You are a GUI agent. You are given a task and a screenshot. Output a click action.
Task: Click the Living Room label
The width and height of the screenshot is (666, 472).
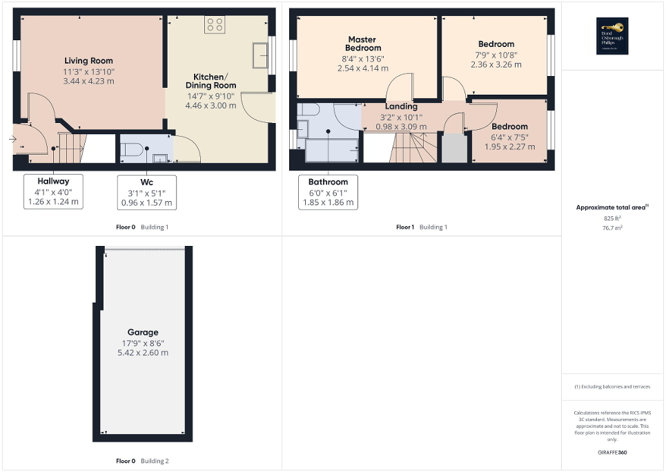point(89,61)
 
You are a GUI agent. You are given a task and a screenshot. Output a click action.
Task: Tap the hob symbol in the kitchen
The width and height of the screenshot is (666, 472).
point(215,25)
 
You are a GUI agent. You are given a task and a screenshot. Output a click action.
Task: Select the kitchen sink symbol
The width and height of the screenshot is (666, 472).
point(261,55)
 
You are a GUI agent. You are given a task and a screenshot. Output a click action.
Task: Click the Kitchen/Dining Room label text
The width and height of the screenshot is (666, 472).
point(215,81)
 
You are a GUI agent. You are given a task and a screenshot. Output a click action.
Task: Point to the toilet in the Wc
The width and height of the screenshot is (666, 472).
point(133,149)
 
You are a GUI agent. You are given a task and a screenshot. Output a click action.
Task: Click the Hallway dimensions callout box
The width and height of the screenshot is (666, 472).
point(53,192)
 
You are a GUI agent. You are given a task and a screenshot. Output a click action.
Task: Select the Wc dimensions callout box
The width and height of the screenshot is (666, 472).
point(146,193)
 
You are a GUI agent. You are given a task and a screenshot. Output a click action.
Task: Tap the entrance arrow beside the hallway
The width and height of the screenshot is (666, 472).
point(12,139)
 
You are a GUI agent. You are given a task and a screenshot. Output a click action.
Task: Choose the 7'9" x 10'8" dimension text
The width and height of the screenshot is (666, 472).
point(496,55)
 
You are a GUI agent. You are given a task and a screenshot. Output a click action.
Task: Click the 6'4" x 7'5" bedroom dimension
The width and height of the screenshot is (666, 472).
point(509,136)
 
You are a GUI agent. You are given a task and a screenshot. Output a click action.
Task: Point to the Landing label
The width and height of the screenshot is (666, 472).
point(401,106)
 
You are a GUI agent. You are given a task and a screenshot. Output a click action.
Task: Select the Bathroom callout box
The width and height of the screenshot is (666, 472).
point(328,193)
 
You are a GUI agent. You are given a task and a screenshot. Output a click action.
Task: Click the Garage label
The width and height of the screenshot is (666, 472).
point(142,332)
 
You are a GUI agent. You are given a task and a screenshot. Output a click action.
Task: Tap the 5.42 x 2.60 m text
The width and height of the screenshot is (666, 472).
point(142,352)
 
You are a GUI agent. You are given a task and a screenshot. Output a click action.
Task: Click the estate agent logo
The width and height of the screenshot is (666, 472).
point(610,35)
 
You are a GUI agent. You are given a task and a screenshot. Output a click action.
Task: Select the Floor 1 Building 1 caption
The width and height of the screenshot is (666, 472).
point(421,227)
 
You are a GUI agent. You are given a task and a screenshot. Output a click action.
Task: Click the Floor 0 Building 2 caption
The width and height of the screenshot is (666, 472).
point(142,461)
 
